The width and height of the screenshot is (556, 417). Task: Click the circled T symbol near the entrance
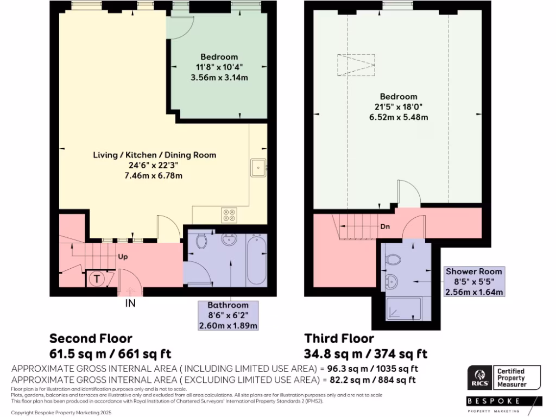pos(97,279)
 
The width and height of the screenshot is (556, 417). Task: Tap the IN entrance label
pos(130,304)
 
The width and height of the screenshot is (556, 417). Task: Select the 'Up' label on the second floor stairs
pos(123,257)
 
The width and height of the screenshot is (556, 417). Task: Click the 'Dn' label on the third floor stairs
pos(384,227)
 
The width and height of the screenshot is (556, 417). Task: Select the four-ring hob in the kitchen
pos(229,216)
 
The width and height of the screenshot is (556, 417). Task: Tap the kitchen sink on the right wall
pos(257,168)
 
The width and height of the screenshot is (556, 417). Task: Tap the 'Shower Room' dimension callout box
pos(473,281)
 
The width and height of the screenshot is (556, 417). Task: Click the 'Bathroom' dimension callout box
pos(228,315)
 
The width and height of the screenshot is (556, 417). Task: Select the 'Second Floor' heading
pos(91,339)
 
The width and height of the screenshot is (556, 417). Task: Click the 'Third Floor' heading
pos(339,339)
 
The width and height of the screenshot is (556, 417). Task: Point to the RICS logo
pos(479,377)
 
